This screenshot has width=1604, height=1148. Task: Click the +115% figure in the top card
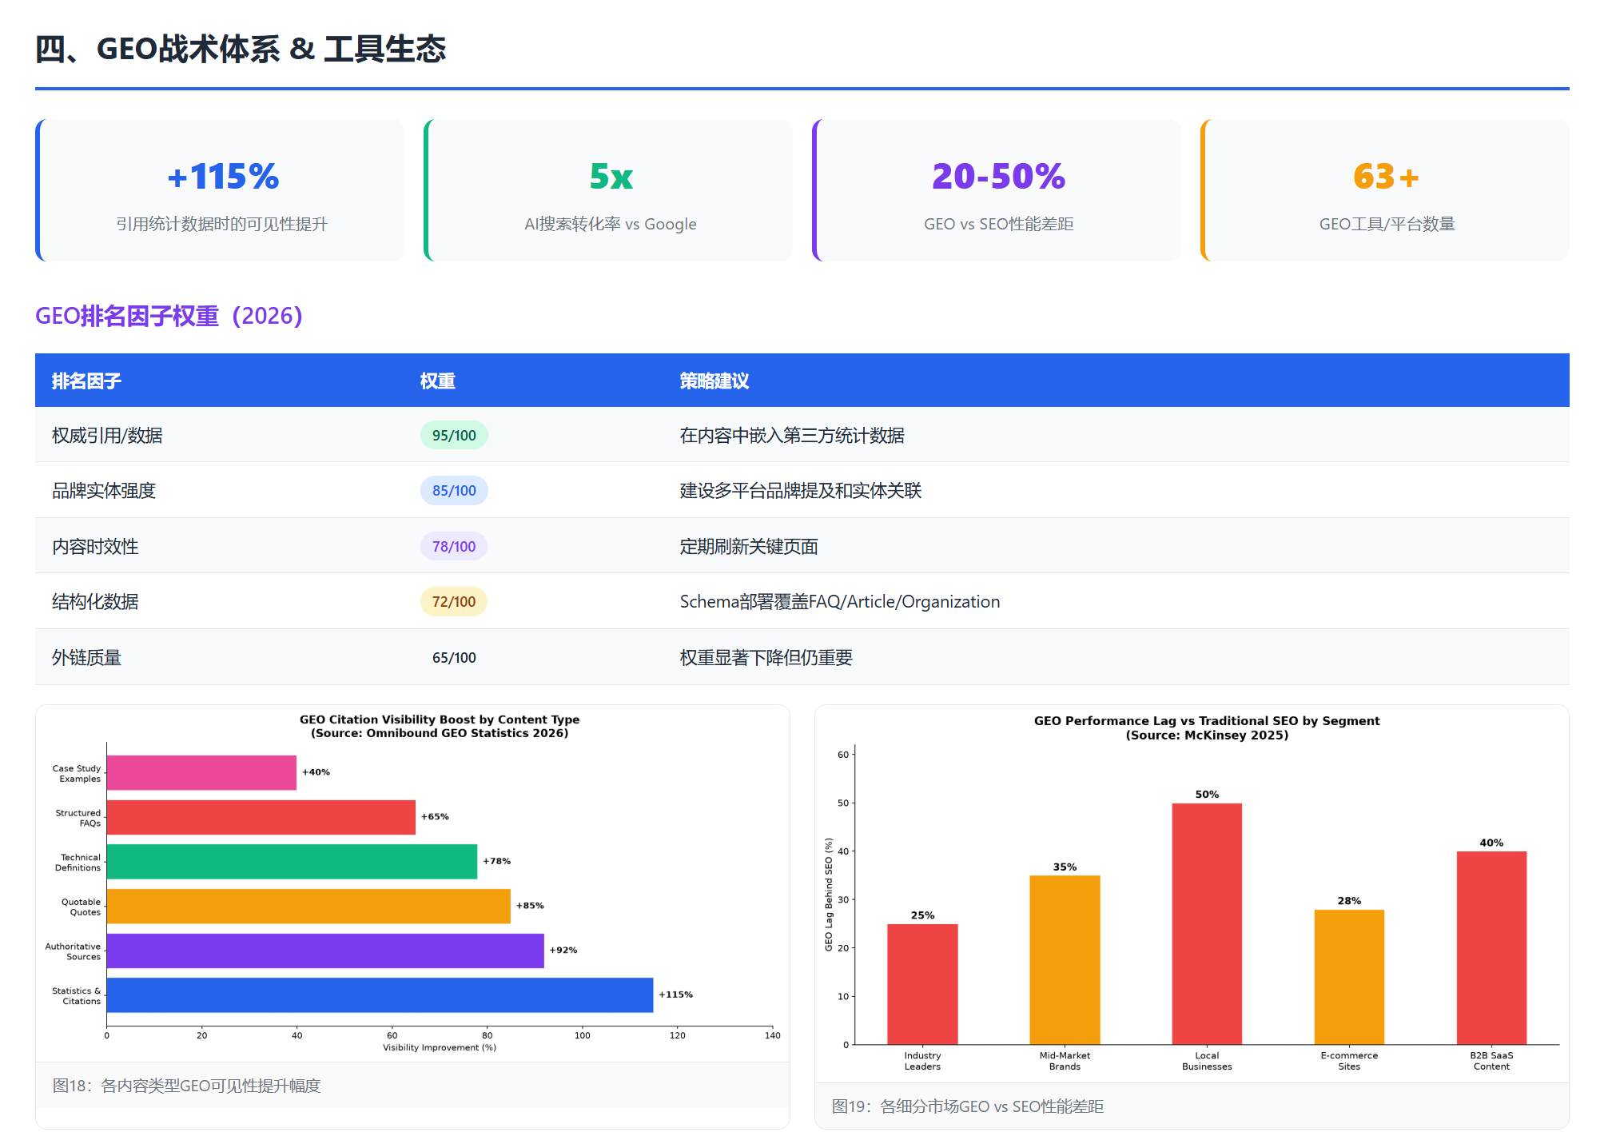coord(223,177)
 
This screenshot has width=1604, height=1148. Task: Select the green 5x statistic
coord(611,177)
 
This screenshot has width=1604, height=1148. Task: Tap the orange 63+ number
coord(1386,177)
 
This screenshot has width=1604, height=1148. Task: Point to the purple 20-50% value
coord(998,177)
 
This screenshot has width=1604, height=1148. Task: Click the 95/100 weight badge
coord(454,435)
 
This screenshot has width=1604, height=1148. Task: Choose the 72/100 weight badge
coord(454,601)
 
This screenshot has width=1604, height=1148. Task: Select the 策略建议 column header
coord(714,381)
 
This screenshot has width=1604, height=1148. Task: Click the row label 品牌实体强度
coord(104,491)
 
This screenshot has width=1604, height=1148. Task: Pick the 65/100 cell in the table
coord(454,657)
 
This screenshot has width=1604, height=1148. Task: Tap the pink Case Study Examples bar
coord(201,773)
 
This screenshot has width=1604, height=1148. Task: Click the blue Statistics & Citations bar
coord(380,995)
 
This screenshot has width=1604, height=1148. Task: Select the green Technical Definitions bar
coord(292,862)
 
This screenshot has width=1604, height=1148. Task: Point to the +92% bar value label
coord(563,951)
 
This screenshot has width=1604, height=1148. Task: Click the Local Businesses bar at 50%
coord(1207,923)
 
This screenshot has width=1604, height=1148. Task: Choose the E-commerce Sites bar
coord(1349,977)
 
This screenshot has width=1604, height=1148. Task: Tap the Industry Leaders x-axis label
coord(922,1061)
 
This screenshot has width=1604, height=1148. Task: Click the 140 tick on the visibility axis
coord(772,1035)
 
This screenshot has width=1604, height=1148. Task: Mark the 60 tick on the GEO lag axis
coord(843,755)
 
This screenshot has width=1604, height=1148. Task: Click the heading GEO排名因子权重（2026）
coord(169,316)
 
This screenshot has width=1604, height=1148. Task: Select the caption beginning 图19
coord(968,1106)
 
